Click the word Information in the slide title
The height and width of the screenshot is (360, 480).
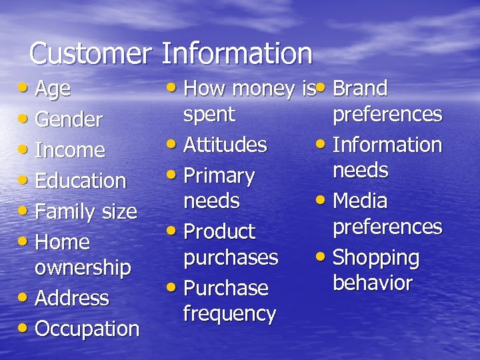point(237,53)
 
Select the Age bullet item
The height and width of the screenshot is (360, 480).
point(53,89)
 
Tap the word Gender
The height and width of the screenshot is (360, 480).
point(68,120)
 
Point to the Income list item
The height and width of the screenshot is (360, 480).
point(69,151)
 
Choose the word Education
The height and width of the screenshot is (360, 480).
point(80,181)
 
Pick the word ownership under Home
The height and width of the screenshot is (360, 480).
point(82,267)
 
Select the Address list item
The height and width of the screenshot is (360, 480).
point(71,298)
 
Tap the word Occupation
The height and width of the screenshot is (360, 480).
point(87,329)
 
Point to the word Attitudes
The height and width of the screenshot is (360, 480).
point(225,145)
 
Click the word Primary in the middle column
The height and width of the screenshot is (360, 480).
point(219,176)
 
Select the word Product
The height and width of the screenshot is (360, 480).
point(219,232)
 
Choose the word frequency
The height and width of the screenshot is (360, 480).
point(229,313)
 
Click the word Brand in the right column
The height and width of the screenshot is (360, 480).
point(359,88)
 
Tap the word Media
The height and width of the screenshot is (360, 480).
point(359,201)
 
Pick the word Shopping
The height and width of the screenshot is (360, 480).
point(375,258)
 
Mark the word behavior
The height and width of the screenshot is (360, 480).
point(372,283)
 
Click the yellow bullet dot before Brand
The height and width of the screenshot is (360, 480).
point(321,87)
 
